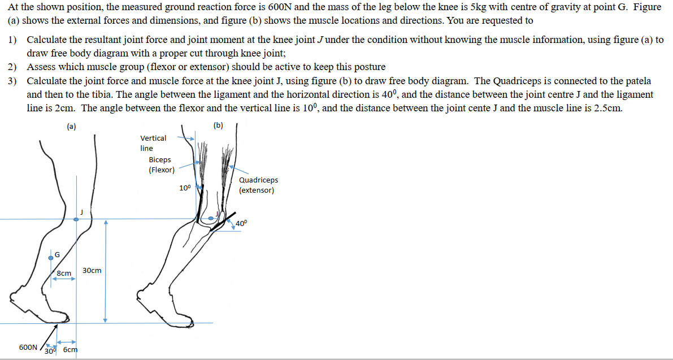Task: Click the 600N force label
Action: tap(28, 347)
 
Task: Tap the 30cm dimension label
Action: tap(92, 271)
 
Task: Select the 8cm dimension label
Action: tap(64, 274)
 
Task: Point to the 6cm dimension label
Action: tap(70, 349)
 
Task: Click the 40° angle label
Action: tap(241, 223)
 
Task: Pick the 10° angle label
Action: tap(185, 188)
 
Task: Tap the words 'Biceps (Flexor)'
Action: tap(161, 164)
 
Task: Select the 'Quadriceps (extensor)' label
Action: tap(258, 185)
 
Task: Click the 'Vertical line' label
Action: tap(153, 142)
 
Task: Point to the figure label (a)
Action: tap(71, 126)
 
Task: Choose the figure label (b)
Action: tap(219, 125)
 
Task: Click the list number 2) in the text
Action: tap(12, 67)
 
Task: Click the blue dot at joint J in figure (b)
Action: tap(211, 218)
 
